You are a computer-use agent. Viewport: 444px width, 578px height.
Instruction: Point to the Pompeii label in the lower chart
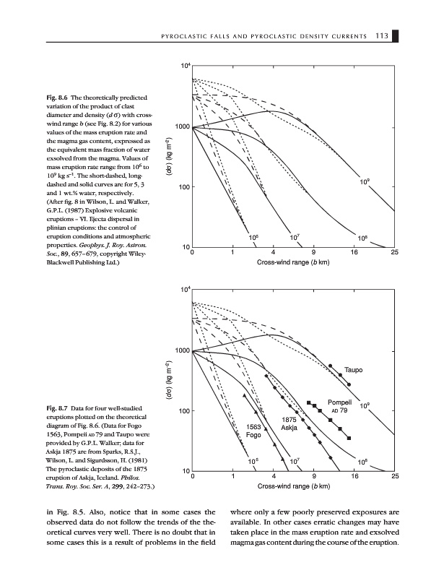(x=339, y=402)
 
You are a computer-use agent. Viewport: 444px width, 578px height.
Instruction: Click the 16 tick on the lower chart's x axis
(x=360, y=477)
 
